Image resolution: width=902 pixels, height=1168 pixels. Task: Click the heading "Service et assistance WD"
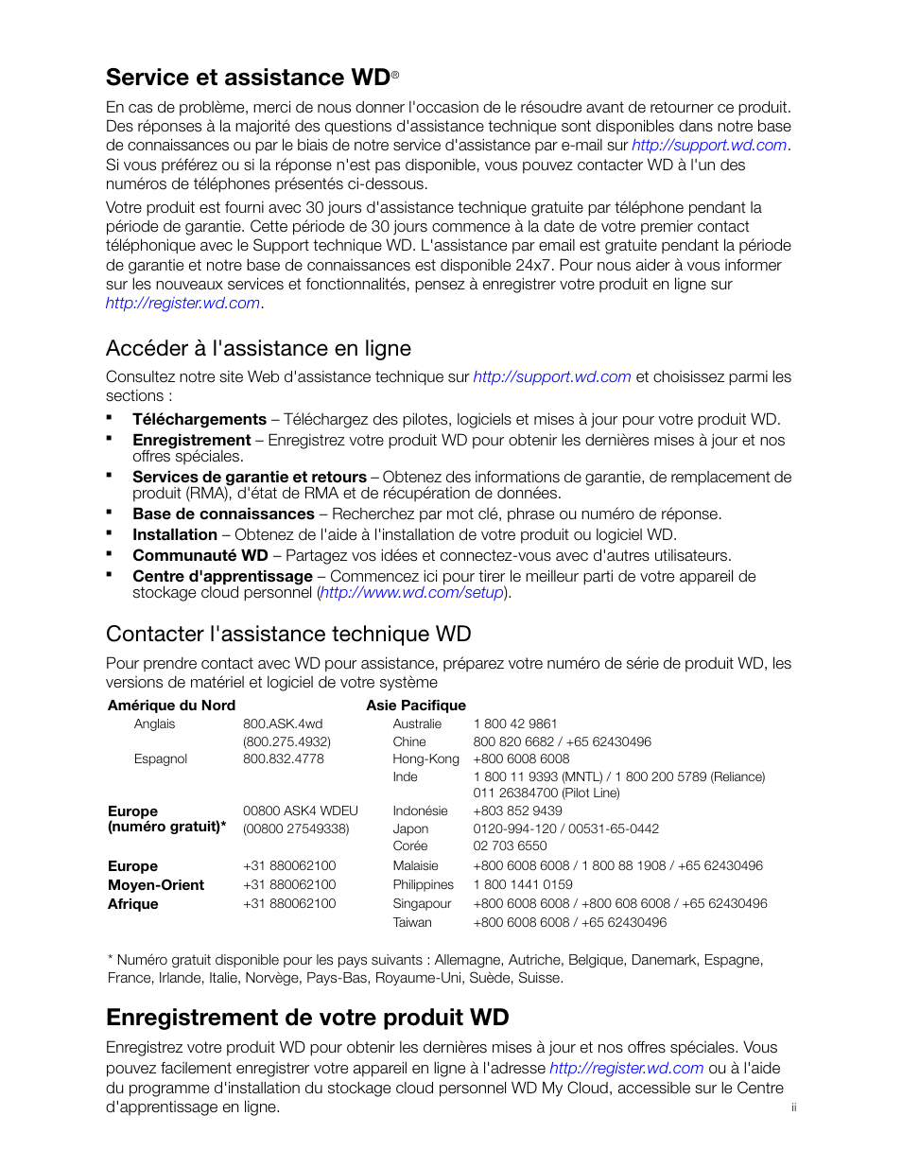(248, 78)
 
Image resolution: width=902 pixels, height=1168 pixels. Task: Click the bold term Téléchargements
(199, 420)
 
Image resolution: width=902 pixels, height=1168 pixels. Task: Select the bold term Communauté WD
(200, 556)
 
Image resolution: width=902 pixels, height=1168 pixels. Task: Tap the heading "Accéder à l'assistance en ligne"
(258, 349)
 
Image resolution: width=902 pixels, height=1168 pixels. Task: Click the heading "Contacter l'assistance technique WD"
(288, 635)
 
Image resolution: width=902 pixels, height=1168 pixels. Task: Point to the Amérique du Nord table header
(171, 706)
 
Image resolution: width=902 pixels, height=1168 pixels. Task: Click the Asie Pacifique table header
(416, 706)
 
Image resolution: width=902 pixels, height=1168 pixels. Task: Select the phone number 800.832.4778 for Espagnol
(284, 759)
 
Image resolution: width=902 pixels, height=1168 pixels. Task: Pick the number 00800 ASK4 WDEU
(301, 811)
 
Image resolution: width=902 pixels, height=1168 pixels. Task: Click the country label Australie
(417, 724)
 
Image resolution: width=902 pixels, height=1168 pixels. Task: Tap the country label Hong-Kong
(425, 759)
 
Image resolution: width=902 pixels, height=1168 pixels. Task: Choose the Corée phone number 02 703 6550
(511, 846)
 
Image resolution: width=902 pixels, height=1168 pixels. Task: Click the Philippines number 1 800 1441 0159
(523, 885)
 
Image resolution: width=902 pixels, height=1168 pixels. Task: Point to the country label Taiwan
(412, 923)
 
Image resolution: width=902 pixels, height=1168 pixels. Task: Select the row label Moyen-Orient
(156, 885)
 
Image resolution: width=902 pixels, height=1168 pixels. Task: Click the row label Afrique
(133, 904)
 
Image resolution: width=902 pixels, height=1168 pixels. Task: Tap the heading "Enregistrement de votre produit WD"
(307, 1018)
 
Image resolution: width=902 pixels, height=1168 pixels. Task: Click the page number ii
(794, 1107)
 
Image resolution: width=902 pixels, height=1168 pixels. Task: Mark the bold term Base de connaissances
(223, 514)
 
